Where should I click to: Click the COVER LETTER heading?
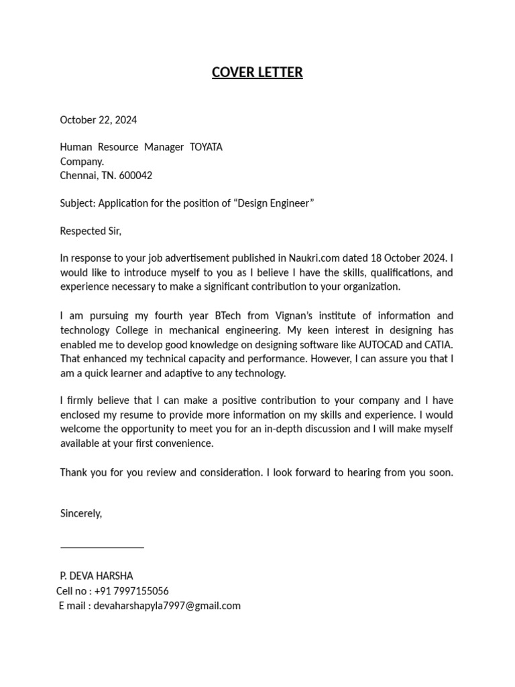257,72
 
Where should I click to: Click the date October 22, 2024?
99,120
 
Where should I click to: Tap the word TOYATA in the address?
207,147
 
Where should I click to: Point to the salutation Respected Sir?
91,231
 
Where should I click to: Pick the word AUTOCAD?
380,344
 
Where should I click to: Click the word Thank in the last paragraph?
74,472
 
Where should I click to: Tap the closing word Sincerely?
81,513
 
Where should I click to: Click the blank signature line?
102,547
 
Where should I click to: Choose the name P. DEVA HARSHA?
97,576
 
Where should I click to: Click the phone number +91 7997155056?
131,591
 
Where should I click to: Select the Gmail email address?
167,606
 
